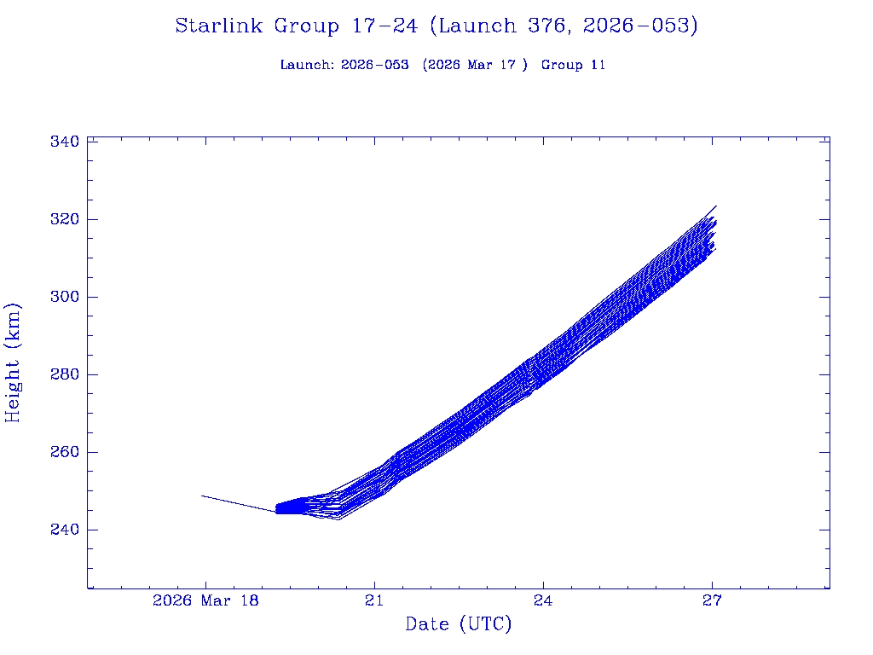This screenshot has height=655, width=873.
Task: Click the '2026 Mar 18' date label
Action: (205, 600)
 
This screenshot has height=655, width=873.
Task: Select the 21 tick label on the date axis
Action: (374, 600)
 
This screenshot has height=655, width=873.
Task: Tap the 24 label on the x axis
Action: (543, 600)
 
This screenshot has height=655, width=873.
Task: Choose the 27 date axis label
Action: (712, 600)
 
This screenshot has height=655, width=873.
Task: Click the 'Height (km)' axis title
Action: (13, 362)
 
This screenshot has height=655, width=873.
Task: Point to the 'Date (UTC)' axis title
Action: (459, 625)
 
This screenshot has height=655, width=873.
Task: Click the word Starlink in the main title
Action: (219, 26)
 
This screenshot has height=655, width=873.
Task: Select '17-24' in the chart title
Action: (384, 26)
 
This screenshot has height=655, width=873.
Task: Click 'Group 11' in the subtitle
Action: (573, 65)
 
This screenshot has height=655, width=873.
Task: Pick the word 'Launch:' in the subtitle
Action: (307, 65)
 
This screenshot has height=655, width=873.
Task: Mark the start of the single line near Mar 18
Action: (202, 496)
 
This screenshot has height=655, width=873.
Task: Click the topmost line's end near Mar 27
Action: (716, 206)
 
